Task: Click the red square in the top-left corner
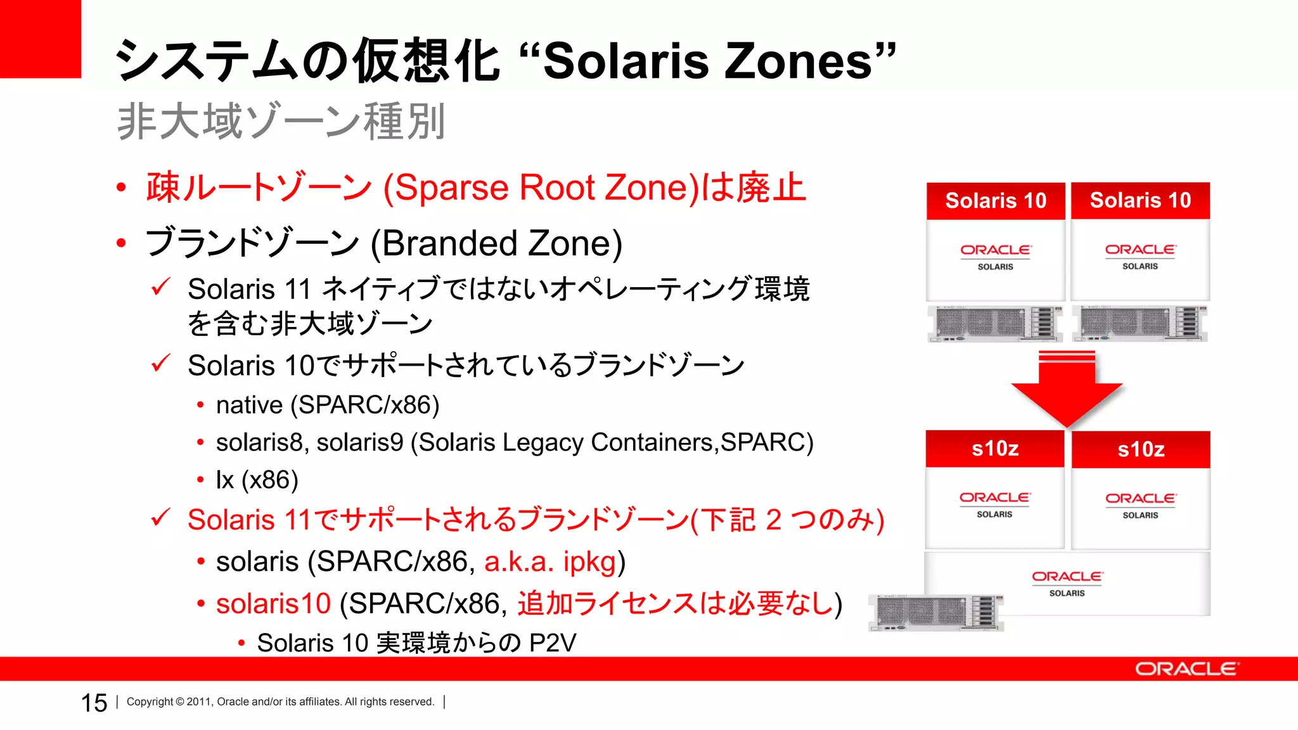(40, 39)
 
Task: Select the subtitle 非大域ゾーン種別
(281, 121)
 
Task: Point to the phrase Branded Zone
(496, 244)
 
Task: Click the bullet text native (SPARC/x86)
(327, 405)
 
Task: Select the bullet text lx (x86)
(257, 480)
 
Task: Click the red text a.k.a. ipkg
(550, 561)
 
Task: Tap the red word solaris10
(273, 603)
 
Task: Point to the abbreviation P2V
(553, 643)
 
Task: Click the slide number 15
(94, 703)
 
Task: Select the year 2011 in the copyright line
(199, 702)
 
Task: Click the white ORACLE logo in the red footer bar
(1186, 669)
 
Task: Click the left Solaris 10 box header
(996, 201)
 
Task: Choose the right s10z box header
(1141, 450)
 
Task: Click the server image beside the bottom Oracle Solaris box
(935, 613)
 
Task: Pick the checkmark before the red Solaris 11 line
(160, 518)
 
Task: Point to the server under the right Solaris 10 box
(1140, 323)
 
